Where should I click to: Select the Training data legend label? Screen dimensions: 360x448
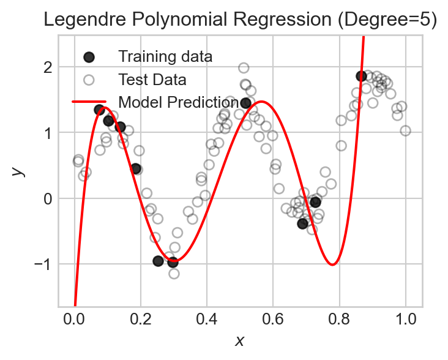pos(165,57)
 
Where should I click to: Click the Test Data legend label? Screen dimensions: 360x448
pos(152,79)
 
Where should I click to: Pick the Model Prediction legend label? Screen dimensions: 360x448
pos(179,101)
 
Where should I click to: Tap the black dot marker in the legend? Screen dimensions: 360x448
pos(89,57)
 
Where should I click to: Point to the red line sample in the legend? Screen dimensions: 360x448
pos(89,101)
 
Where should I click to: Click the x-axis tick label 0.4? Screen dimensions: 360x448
pos(207,319)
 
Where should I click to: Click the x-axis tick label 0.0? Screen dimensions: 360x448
pos(75,319)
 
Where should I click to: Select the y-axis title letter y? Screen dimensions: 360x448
pos(21,171)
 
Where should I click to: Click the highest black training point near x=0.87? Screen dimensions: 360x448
pos(361,76)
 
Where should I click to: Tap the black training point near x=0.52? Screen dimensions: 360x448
pos(246,103)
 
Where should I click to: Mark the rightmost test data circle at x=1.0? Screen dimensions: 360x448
pos(405,130)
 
